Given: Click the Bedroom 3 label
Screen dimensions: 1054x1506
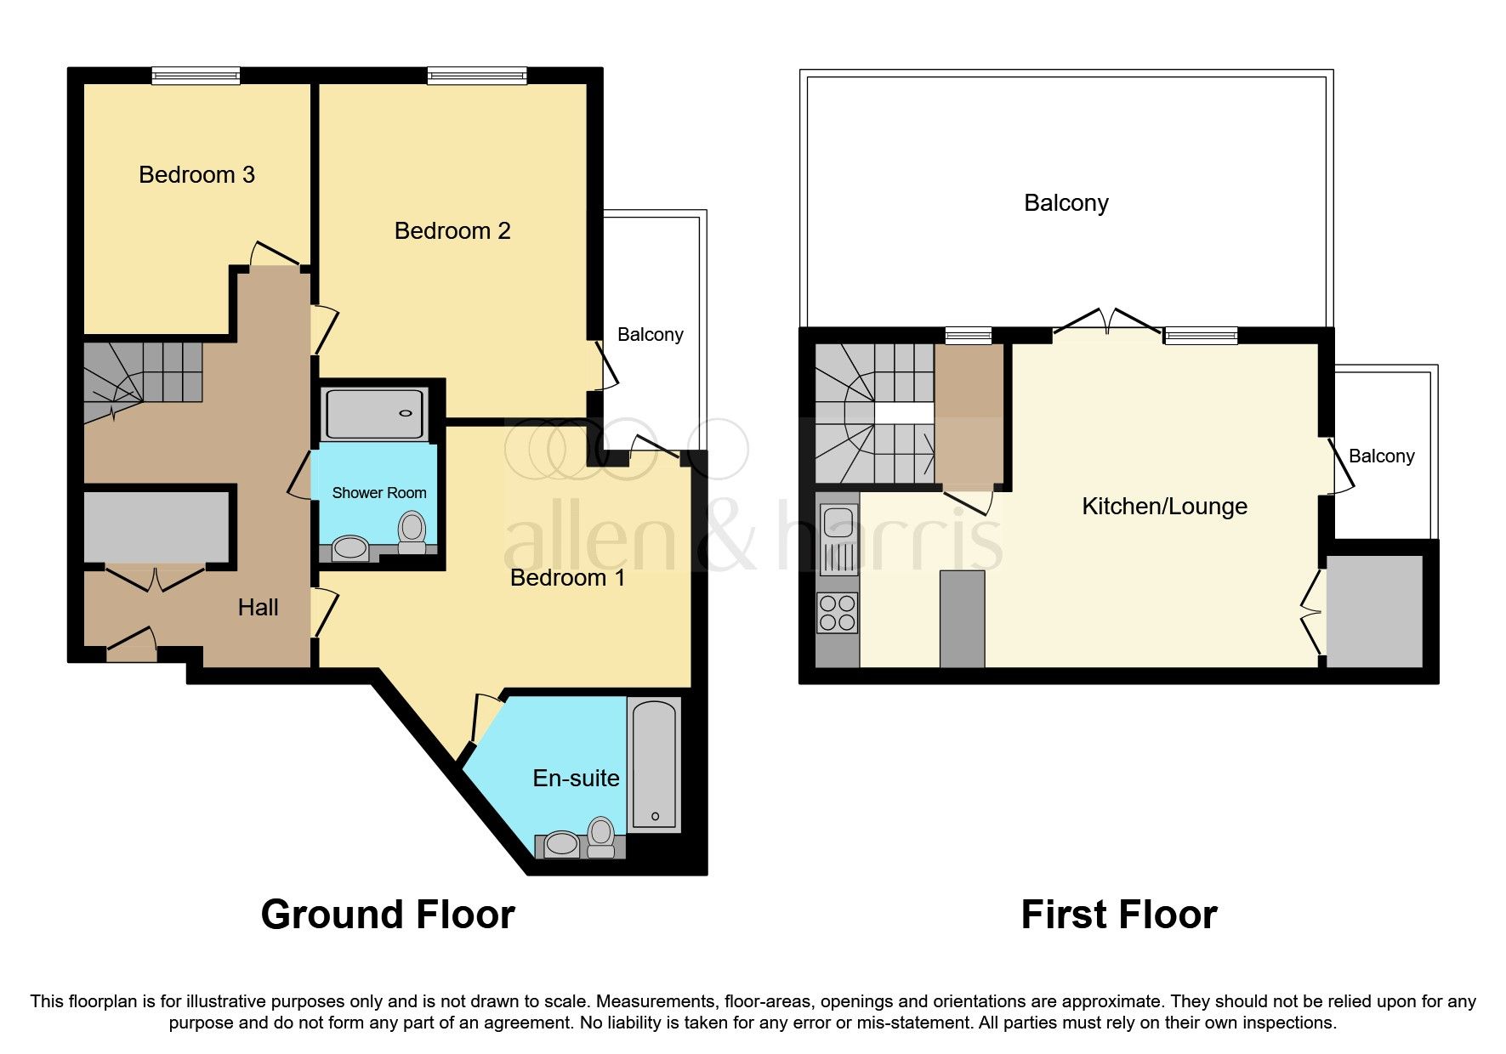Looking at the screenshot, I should point(196,175).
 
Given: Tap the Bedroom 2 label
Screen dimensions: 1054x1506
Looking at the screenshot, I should point(452,231).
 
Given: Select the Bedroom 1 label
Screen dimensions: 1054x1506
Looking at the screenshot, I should point(567,578).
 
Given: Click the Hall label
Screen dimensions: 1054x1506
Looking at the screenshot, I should point(258,608).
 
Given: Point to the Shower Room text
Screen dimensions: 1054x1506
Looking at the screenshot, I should point(378,493).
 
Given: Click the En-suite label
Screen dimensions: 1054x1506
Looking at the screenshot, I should point(576,779).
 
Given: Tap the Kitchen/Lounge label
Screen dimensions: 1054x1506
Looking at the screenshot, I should point(1164,507).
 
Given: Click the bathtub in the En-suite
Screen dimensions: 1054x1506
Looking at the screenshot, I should point(654,764).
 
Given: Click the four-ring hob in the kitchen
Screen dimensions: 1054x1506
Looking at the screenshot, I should point(838,613).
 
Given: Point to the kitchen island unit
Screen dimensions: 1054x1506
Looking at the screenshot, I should point(962,619).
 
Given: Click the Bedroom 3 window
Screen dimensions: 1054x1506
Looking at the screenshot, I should point(196,76).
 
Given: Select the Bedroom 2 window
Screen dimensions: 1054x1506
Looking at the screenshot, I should point(476,76).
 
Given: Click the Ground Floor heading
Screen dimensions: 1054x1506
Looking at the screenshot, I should point(388,915).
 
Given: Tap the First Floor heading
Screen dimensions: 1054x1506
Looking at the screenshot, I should point(1118,915).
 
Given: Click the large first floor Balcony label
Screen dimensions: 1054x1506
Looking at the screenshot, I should point(1066,203).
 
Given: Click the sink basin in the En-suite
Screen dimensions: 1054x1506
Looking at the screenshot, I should point(561,845).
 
